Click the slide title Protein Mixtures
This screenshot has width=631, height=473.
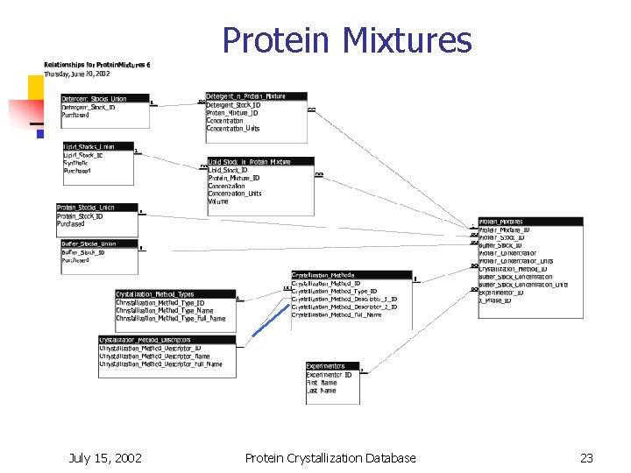346,40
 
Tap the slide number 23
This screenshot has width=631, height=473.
586,457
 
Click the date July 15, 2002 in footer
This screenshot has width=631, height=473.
105,457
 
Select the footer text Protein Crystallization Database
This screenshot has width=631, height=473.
330,457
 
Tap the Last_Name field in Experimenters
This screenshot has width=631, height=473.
322,391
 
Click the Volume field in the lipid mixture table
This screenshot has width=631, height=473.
218,201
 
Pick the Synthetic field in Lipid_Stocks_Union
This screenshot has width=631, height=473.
75,163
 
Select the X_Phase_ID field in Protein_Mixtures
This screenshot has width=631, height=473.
496,301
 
